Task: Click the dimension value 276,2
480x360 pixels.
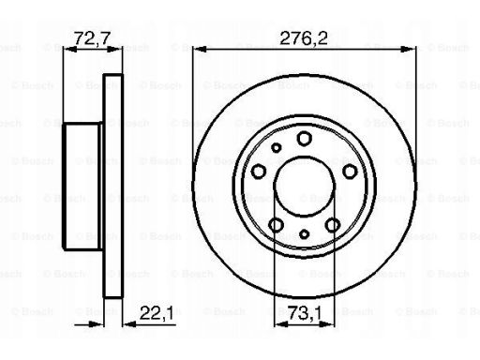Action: tap(304, 38)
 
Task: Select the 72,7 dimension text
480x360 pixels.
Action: tap(93, 38)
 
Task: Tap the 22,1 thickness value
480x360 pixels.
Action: tap(157, 313)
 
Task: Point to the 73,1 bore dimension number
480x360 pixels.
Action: tap(304, 313)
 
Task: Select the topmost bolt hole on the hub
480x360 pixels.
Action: tap(305, 138)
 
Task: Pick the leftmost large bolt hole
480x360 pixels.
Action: tap(259, 172)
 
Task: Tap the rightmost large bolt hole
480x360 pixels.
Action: tap(350, 172)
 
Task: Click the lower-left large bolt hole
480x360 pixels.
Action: tap(276, 225)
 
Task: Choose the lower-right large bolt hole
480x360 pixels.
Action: tap(333, 225)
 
